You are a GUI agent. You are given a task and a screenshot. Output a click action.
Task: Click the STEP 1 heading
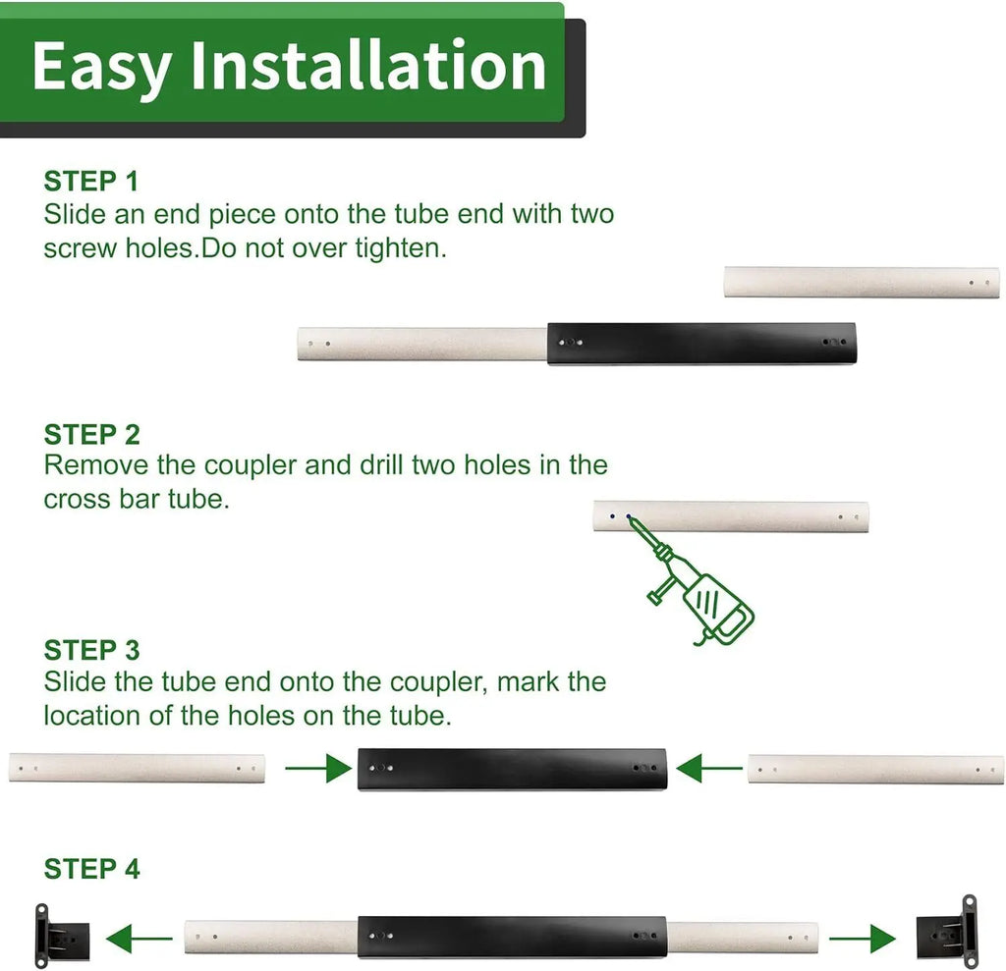(x=91, y=181)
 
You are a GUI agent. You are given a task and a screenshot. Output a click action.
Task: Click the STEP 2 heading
(x=91, y=434)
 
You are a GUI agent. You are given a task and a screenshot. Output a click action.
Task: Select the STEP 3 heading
(x=91, y=650)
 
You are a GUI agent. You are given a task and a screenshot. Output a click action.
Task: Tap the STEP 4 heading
(x=91, y=869)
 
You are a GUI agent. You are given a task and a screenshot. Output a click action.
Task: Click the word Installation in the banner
(x=368, y=66)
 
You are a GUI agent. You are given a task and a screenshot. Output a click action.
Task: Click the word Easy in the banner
(x=101, y=70)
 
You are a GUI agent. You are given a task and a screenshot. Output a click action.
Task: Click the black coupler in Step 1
(x=701, y=344)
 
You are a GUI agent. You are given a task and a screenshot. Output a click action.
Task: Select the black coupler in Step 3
(x=512, y=769)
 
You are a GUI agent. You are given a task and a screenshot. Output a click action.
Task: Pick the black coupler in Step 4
(x=512, y=937)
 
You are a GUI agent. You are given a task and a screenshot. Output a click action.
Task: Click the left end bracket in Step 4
(x=61, y=937)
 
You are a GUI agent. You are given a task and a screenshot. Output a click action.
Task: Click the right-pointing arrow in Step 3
(x=318, y=769)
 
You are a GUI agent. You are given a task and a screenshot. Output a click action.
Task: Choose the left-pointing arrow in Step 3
(x=709, y=769)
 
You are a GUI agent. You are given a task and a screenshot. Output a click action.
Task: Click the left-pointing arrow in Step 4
(x=140, y=939)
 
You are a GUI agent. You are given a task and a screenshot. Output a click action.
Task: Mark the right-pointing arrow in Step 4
(x=863, y=939)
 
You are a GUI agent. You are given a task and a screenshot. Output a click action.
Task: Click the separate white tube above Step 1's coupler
(x=862, y=282)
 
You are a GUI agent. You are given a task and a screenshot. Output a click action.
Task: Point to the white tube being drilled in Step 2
(x=731, y=517)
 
